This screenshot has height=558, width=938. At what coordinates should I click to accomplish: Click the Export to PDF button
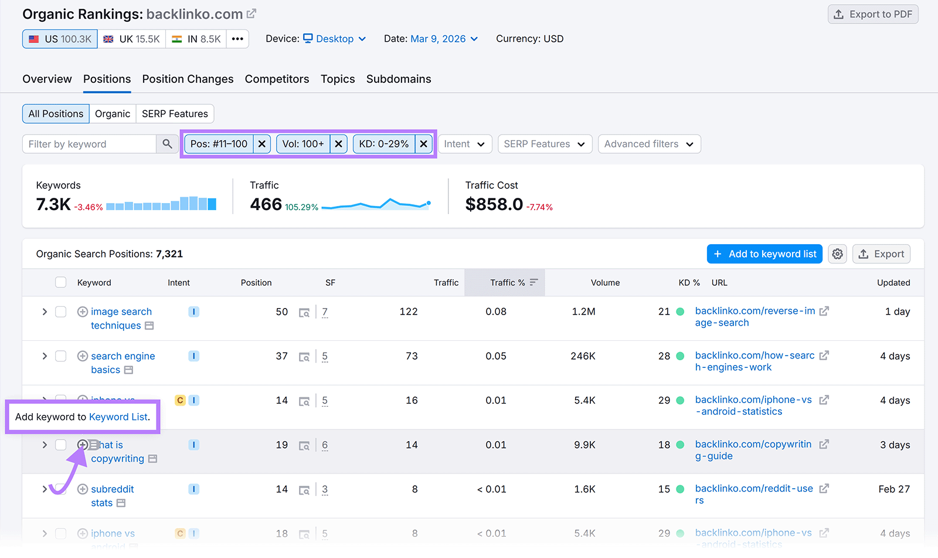[872, 15]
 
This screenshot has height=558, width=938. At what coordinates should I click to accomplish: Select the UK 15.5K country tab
[132, 39]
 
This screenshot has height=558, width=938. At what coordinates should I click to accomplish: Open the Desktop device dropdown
[334, 39]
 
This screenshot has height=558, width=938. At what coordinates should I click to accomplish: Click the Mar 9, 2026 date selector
[444, 39]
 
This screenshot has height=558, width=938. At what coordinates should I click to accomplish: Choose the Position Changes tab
[188, 79]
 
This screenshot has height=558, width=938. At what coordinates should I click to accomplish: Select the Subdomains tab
[399, 79]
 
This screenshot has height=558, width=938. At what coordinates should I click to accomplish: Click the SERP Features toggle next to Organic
[175, 114]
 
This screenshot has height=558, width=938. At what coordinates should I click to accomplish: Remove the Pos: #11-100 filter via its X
[262, 144]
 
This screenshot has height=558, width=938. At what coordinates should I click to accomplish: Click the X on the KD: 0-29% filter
[423, 144]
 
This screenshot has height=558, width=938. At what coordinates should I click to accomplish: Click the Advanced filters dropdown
[649, 144]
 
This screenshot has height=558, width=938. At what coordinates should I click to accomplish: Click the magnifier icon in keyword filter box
[167, 144]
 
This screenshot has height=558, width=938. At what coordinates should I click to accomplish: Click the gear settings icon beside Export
[837, 254]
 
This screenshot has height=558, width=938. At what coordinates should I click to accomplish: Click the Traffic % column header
[508, 283]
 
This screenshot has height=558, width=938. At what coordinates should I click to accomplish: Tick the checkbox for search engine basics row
[60, 356]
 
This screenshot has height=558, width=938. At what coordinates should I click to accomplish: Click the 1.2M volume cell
[583, 312]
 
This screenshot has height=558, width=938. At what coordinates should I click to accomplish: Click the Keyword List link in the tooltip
[118, 417]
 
